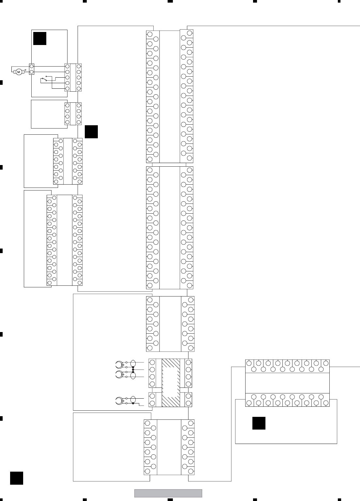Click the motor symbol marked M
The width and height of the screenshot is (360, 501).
pos(19,72)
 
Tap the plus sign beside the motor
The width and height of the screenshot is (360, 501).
pos(25,70)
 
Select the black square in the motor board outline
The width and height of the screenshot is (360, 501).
pos(40,38)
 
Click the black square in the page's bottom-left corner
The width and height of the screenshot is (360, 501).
pos(17,478)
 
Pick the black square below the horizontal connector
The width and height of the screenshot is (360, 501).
pos(259,423)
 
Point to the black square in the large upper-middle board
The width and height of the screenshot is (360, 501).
pos(91,132)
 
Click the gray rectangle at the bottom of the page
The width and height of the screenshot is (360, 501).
pos(168,493)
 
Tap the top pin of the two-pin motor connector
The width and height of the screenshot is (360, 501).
pos(32,67)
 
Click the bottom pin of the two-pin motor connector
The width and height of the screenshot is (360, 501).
pos(32,72)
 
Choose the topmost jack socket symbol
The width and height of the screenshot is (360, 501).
pos(119,365)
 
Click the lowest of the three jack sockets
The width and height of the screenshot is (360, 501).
pos(119,401)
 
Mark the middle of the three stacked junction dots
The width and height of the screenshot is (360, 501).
pos(133,370)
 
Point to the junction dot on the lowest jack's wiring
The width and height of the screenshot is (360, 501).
pos(133,403)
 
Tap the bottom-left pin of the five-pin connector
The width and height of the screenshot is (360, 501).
pos(67,89)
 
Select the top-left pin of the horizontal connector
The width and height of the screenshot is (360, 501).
pos(249,363)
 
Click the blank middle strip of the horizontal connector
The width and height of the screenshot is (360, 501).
pos(287,383)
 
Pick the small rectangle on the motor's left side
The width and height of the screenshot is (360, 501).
pos(15,72)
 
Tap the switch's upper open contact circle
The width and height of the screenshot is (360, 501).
pos(46,77)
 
